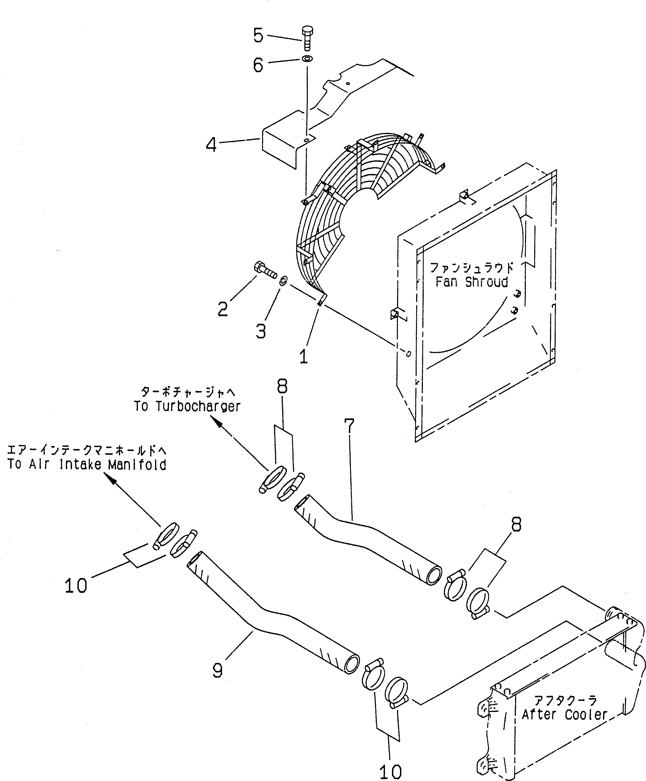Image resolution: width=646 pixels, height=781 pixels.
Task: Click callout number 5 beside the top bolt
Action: pyautogui.click(x=258, y=36)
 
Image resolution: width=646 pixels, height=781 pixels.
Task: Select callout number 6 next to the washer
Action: pyautogui.click(x=258, y=65)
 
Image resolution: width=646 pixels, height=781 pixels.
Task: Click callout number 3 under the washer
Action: pyautogui.click(x=261, y=331)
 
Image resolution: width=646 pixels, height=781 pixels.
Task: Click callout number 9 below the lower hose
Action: pyautogui.click(x=217, y=671)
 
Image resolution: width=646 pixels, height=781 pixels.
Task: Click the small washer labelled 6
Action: pyautogui.click(x=308, y=59)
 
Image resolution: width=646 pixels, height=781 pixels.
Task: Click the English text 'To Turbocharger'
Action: pyautogui.click(x=187, y=406)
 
